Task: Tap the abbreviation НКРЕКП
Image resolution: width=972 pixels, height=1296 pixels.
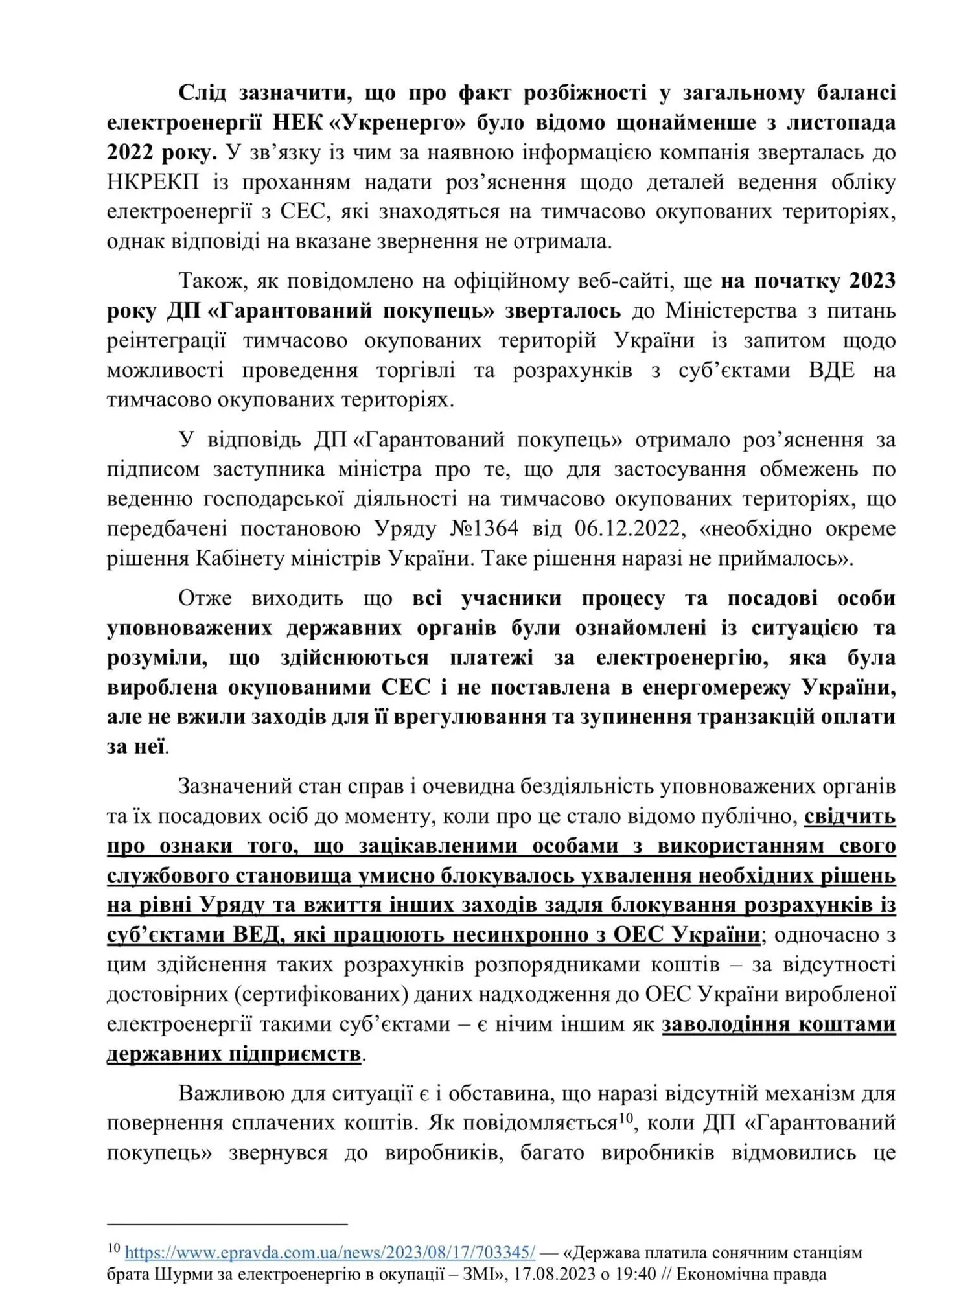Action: [x=153, y=183]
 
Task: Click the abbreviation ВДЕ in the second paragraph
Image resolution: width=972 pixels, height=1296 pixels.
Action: [x=831, y=371]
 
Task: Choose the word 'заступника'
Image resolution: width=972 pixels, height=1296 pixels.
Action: [x=269, y=469]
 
